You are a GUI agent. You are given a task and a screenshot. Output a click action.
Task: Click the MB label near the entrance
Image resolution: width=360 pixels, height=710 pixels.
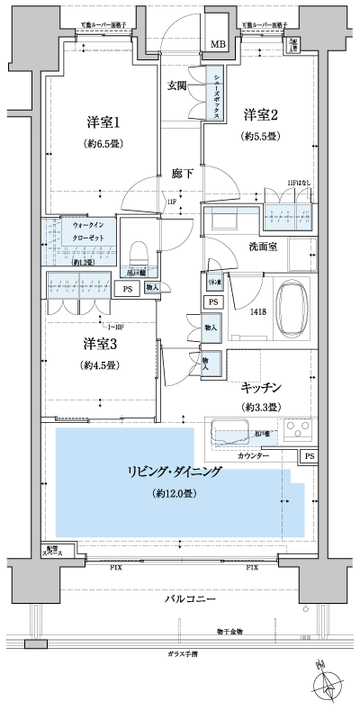coord(219,44)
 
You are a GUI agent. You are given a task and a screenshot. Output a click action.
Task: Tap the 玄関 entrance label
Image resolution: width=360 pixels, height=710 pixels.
coord(177,86)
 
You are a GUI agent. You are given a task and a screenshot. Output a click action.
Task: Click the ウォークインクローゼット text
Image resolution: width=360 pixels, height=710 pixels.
coord(87,236)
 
